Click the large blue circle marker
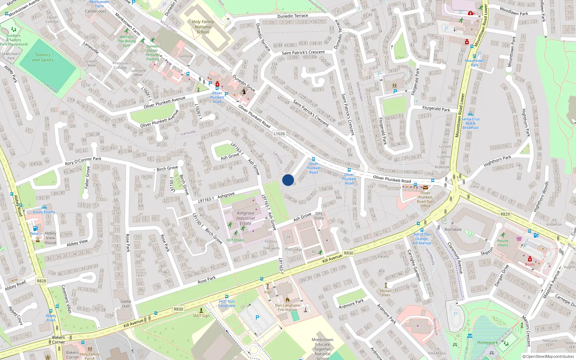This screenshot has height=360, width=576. (x=288, y=180)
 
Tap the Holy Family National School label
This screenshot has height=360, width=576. (x=203, y=27)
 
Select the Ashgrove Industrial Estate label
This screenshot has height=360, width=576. (x=246, y=218)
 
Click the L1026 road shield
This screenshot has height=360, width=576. (x=279, y=134)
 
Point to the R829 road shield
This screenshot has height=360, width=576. (x=505, y=214)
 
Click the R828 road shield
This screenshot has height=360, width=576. (x=41, y=281)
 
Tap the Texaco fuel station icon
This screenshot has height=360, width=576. (x=35, y=228)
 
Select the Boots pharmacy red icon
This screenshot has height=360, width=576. (x=530, y=259)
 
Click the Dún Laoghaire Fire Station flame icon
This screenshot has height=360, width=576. (x=287, y=300)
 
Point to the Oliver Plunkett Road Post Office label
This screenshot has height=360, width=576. (x=425, y=199)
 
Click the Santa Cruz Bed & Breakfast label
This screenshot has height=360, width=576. (x=471, y=123)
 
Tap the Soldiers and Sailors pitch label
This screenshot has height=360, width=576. (x=43, y=57)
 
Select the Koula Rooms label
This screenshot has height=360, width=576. (x=44, y=212)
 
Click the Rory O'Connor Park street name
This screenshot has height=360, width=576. (x=83, y=161)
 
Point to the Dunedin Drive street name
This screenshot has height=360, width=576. (x=244, y=83)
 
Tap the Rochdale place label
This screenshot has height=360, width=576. (x=453, y=229)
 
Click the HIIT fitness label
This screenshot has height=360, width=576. (x=235, y=240)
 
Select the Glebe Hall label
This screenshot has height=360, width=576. (x=126, y=304)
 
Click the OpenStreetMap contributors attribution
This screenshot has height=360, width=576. (x=548, y=356)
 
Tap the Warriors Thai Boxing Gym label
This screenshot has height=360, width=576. (x=126, y=41)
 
